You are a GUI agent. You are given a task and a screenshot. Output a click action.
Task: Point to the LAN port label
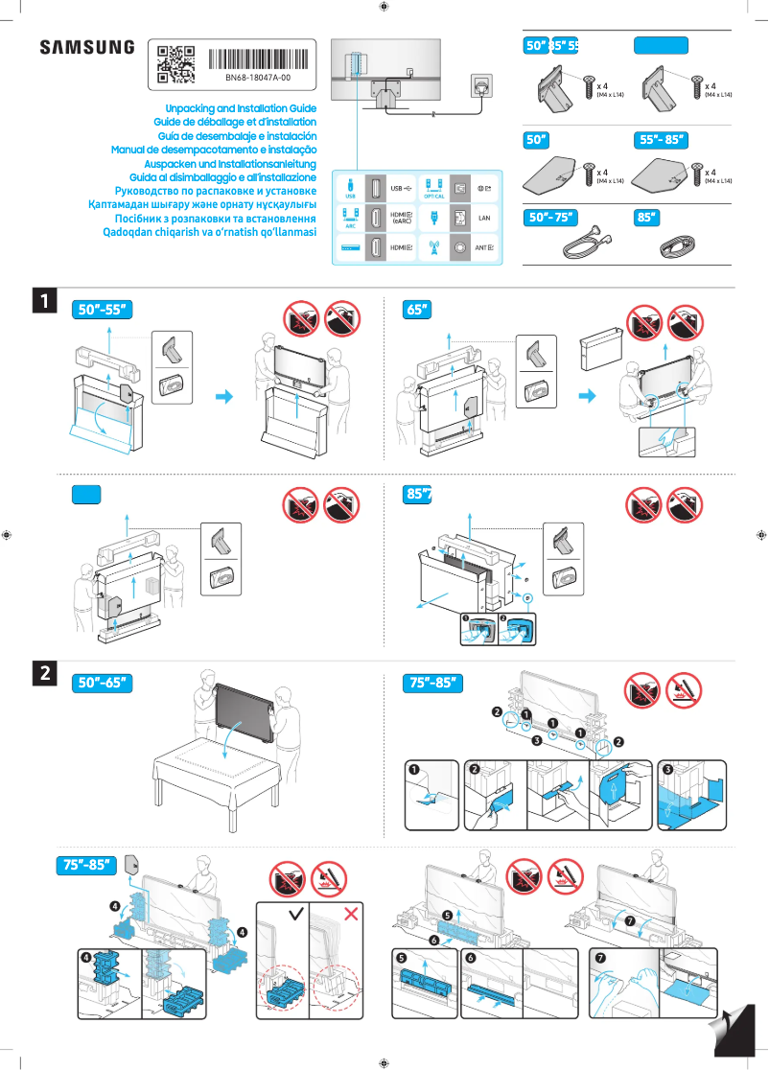tap(483, 218)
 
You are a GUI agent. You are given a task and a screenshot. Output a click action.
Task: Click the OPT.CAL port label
tap(432, 197)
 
